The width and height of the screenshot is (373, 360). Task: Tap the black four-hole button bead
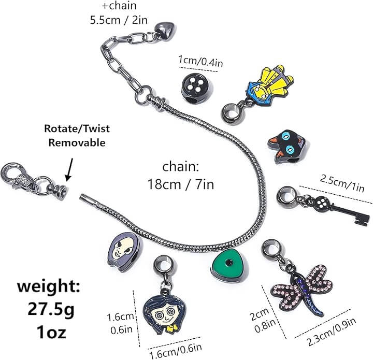point(195,85)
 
